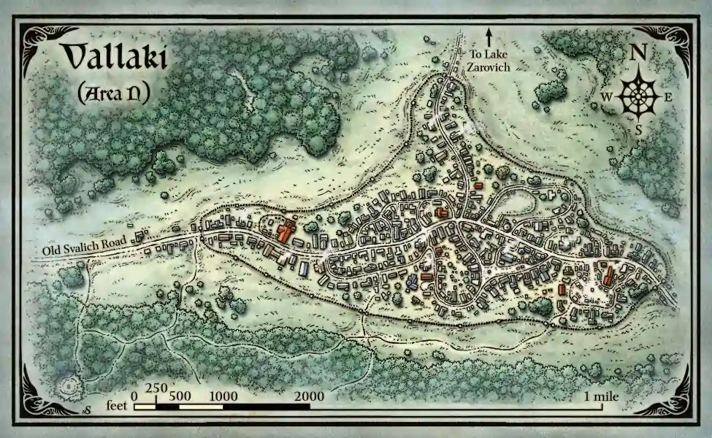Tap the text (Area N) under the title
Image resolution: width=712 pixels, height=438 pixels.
coord(113,93)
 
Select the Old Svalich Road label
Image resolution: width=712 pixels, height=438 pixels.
coord(85,247)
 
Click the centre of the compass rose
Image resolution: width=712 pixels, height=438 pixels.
coord(638,96)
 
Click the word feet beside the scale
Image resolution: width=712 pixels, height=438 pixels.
coord(117,404)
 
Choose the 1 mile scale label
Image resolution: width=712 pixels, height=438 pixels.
coord(602,396)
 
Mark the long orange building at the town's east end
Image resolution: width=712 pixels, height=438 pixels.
coord(608,277)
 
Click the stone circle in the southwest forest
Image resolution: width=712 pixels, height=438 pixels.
coord(72,386)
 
